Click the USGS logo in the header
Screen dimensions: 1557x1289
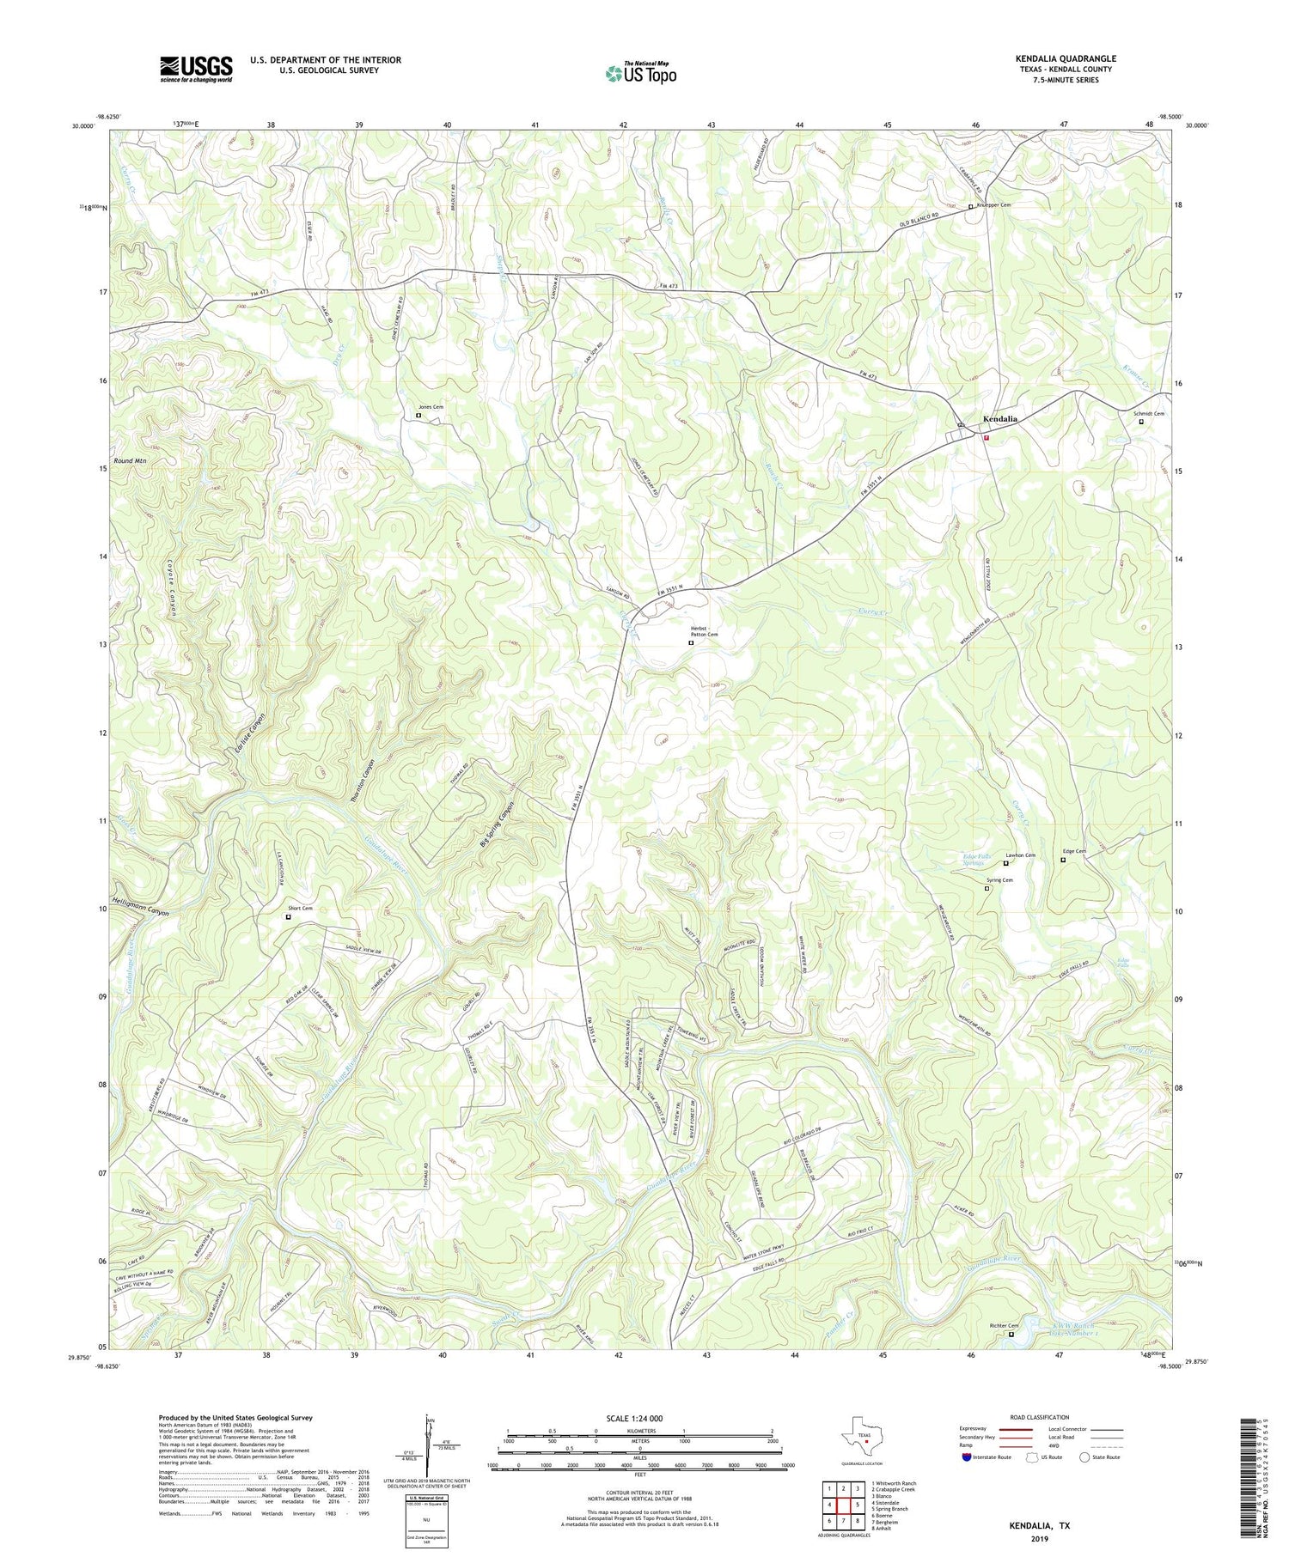pos(196,69)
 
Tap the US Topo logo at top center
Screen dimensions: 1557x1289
pos(641,75)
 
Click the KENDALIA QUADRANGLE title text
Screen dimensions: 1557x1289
pos(1066,58)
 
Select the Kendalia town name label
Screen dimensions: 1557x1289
pos(999,419)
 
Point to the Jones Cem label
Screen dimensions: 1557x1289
pos(431,407)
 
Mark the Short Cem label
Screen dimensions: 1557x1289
pos(300,909)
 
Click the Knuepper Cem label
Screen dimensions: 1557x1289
pos(993,205)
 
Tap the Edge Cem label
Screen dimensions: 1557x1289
pos(1074,852)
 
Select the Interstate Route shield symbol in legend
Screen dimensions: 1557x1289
pos(968,1457)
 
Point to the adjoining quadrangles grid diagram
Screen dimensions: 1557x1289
pos(843,1499)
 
